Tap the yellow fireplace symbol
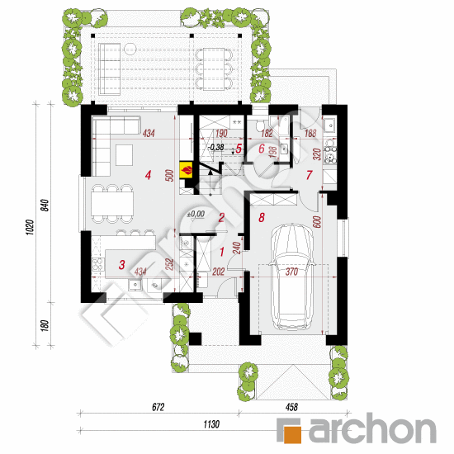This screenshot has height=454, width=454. pyautogui.click(x=187, y=170)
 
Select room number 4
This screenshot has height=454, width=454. pyautogui.click(x=148, y=175)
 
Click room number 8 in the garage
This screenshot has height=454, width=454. pyautogui.click(x=262, y=218)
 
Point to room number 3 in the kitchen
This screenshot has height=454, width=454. pyautogui.click(x=121, y=264)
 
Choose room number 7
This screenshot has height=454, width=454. pyautogui.click(x=309, y=175)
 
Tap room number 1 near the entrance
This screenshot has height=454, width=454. pyautogui.click(x=220, y=251)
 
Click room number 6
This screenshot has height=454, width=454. pyautogui.click(x=262, y=149)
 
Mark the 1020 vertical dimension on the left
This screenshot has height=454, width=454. pyautogui.click(x=30, y=227)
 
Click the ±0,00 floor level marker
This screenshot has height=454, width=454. pyautogui.click(x=196, y=214)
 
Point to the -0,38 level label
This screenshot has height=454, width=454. pyautogui.click(x=216, y=147)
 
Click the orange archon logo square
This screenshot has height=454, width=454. pyautogui.click(x=291, y=429)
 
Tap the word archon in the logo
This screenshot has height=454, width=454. pyautogui.click(x=371, y=429)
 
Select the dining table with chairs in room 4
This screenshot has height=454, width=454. pyautogui.click(x=110, y=202)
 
